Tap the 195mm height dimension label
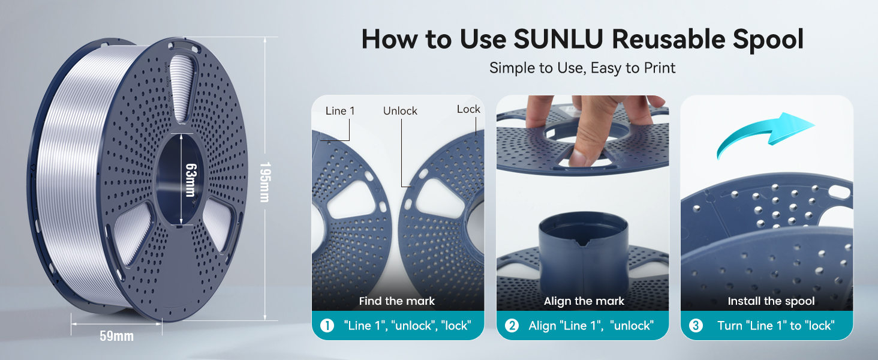[264, 181]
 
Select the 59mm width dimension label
[116, 335]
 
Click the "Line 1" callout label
[340, 111]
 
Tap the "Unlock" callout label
[400, 111]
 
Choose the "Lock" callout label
[468, 109]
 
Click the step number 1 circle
[327, 326]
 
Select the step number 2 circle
[512, 326]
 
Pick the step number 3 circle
[696, 326]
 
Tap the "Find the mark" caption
[397, 301]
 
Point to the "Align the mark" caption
[584, 301]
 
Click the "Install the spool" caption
[771, 301]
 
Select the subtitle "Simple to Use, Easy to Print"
[582, 68]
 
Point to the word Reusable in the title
[669, 39]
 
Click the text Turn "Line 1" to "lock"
[777, 326]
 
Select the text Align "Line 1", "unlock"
[590, 326]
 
